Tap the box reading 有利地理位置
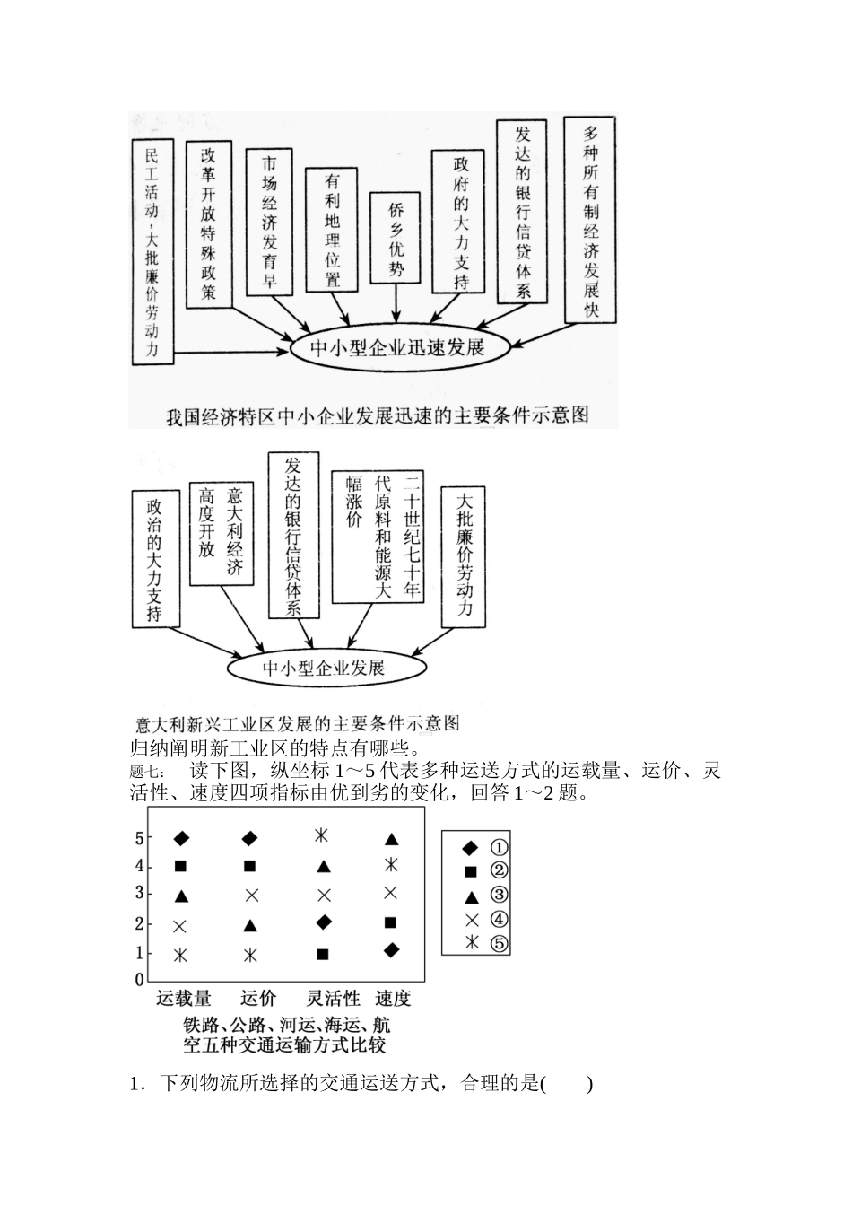point(333,230)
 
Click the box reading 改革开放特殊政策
point(209,224)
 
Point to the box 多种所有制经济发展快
point(591,218)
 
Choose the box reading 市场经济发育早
point(270,222)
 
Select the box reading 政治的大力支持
point(155,558)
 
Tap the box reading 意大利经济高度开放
point(222,533)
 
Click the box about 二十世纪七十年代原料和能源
point(377,536)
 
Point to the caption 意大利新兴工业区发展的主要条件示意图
point(297,724)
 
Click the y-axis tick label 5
point(139,838)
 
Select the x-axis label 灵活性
point(333,998)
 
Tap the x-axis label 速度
point(393,998)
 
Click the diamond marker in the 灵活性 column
point(323,922)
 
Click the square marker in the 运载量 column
point(180,866)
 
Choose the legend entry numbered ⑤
point(484,943)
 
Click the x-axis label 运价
point(258,998)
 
